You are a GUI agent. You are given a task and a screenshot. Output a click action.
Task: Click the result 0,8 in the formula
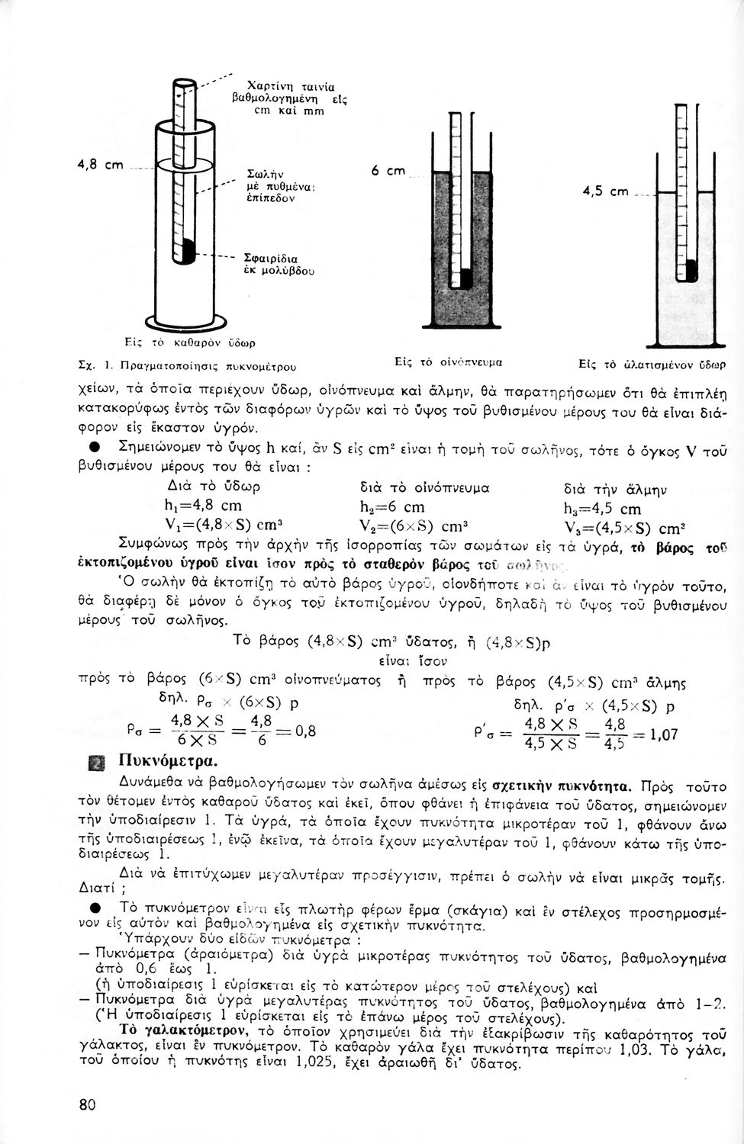305,730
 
